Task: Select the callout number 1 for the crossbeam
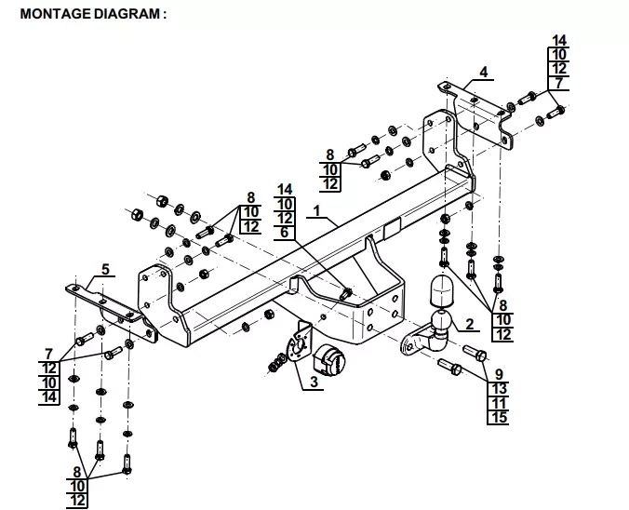pyautogui.click(x=316, y=211)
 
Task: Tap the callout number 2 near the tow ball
pyautogui.click(x=467, y=324)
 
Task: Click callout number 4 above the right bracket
pyautogui.click(x=483, y=73)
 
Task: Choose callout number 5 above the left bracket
pyautogui.click(x=106, y=269)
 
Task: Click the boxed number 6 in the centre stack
pyautogui.click(x=286, y=231)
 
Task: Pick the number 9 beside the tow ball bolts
pyautogui.click(x=498, y=374)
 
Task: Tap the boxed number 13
pyautogui.click(x=498, y=388)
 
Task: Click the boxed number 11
pyautogui.click(x=498, y=402)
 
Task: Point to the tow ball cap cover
pyautogui.click(x=438, y=290)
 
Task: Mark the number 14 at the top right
pyautogui.click(x=559, y=41)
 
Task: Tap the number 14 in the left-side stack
pyautogui.click(x=49, y=396)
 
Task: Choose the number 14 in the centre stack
pyautogui.click(x=286, y=189)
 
